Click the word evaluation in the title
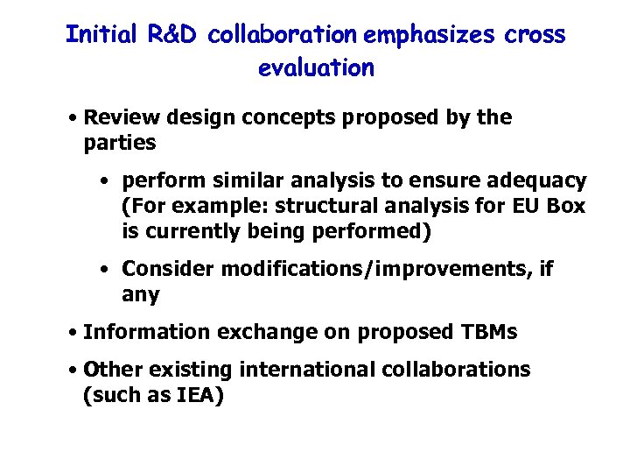pos(316,67)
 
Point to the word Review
pos(117,117)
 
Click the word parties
pos(120,142)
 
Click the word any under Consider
pos(141,294)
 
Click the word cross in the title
pos(535,35)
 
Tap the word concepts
pos(283,117)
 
